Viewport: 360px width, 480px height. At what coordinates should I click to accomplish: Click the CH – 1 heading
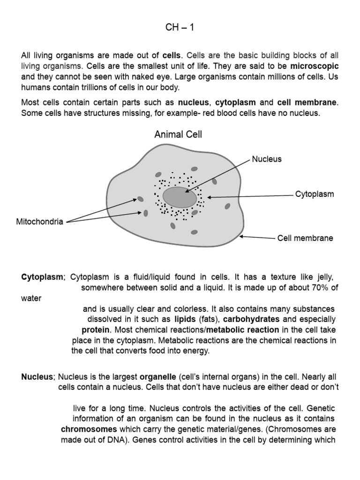pyautogui.click(x=180, y=28)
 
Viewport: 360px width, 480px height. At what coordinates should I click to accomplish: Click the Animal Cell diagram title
pyautogui.click(x=179, y=135)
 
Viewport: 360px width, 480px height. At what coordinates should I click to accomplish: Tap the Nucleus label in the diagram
pyautogui.click(x=267, y=159)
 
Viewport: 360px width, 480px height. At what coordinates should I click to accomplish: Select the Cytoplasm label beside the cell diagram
pyautogui.click(x=314, y=194)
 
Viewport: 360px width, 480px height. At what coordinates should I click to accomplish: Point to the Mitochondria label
pyautogui.click(x=39, y=222)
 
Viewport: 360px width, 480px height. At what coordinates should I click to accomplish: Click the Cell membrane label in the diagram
pyautogui.click(x=305, y=238)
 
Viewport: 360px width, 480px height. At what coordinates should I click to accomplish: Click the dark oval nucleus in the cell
pyautogui.click(x=180, y=197)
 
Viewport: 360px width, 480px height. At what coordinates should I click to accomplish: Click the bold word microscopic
pyautogui.click(x=314, y=66)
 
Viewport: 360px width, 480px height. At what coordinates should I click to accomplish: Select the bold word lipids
pyautogui.click(x=185, y=319)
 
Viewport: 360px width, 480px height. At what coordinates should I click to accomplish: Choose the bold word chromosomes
pyautogui.click(x=89, y=429)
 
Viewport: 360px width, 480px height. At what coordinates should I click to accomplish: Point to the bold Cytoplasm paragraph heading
pyautogui.click(x=42, y=277)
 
